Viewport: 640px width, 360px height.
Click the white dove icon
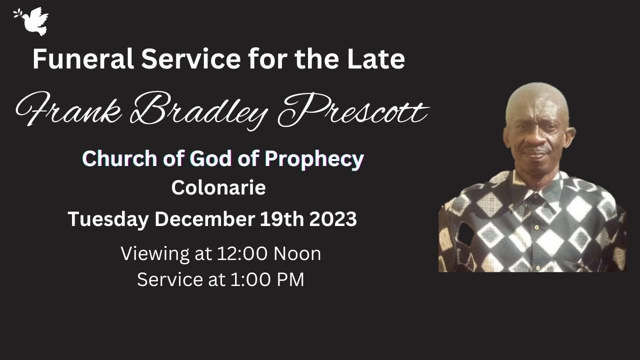point(32,20)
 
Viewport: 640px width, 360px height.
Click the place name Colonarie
point(218,188)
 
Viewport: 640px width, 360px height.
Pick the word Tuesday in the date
point(108,219)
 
